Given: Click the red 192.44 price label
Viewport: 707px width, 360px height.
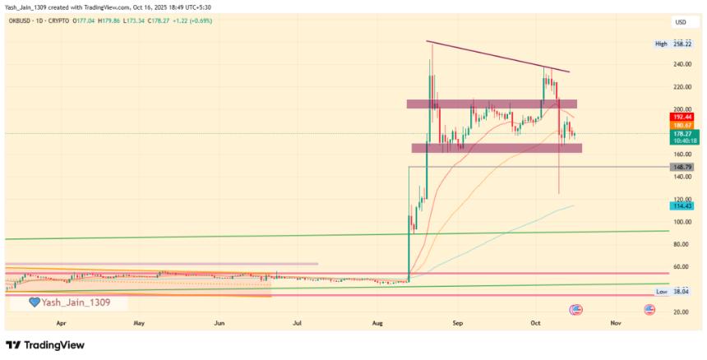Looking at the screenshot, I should [682, 118].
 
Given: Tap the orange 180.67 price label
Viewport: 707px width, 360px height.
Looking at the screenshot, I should [682, 125].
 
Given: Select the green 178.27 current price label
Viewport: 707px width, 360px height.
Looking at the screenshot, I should [682, 133].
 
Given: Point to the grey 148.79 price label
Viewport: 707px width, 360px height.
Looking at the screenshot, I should [682, 167].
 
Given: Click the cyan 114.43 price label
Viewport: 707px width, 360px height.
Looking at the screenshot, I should [682, 205].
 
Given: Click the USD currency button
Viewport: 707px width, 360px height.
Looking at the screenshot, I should [681, 21].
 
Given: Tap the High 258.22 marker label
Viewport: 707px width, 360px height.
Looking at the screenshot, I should [672, 44].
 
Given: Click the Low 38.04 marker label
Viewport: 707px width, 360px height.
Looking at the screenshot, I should [672, 292].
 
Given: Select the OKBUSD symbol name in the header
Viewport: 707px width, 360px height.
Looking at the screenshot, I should [23, 21].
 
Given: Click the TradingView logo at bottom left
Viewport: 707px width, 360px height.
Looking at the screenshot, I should [45, 345].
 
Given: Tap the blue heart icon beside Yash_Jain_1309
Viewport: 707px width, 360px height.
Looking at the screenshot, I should [35, 302].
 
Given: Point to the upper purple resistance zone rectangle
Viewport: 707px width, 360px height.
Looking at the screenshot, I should [492, 104].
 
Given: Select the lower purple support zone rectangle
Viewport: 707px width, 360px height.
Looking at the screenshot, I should [497, 148].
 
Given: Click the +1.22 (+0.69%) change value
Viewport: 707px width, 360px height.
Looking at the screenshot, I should [192, 21].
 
